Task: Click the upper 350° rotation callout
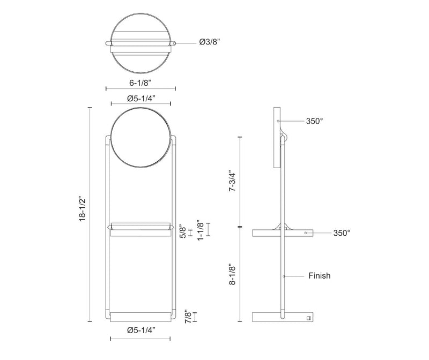314,121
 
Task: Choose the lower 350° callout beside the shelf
341,233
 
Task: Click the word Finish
320,276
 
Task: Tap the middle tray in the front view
142,229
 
